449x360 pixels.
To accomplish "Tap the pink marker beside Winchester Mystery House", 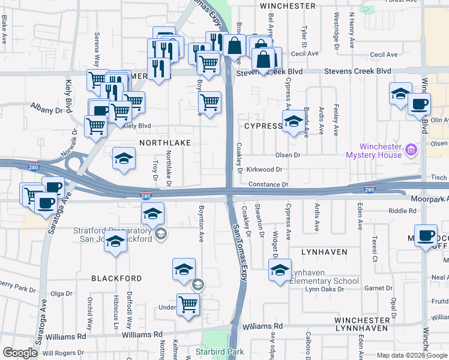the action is (411, 149).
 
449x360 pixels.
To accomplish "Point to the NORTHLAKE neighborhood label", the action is (165, 143).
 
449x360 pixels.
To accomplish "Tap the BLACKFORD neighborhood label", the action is (116, 278).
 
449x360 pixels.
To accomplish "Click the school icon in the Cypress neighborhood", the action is (293, 122).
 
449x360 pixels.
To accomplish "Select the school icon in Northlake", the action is (124, 159).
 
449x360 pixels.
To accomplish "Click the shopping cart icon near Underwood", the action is (188, 304).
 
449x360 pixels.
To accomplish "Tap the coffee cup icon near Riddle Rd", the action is (426, 235).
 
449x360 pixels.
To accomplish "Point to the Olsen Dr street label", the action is (288, 155).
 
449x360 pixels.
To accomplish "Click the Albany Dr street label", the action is (47, 110).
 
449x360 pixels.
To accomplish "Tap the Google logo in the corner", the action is (20, 353).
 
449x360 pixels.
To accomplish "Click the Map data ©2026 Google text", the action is (411, 355).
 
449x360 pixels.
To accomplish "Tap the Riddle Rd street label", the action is (402, 211).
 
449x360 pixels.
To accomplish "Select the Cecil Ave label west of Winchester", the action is (305, 53).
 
